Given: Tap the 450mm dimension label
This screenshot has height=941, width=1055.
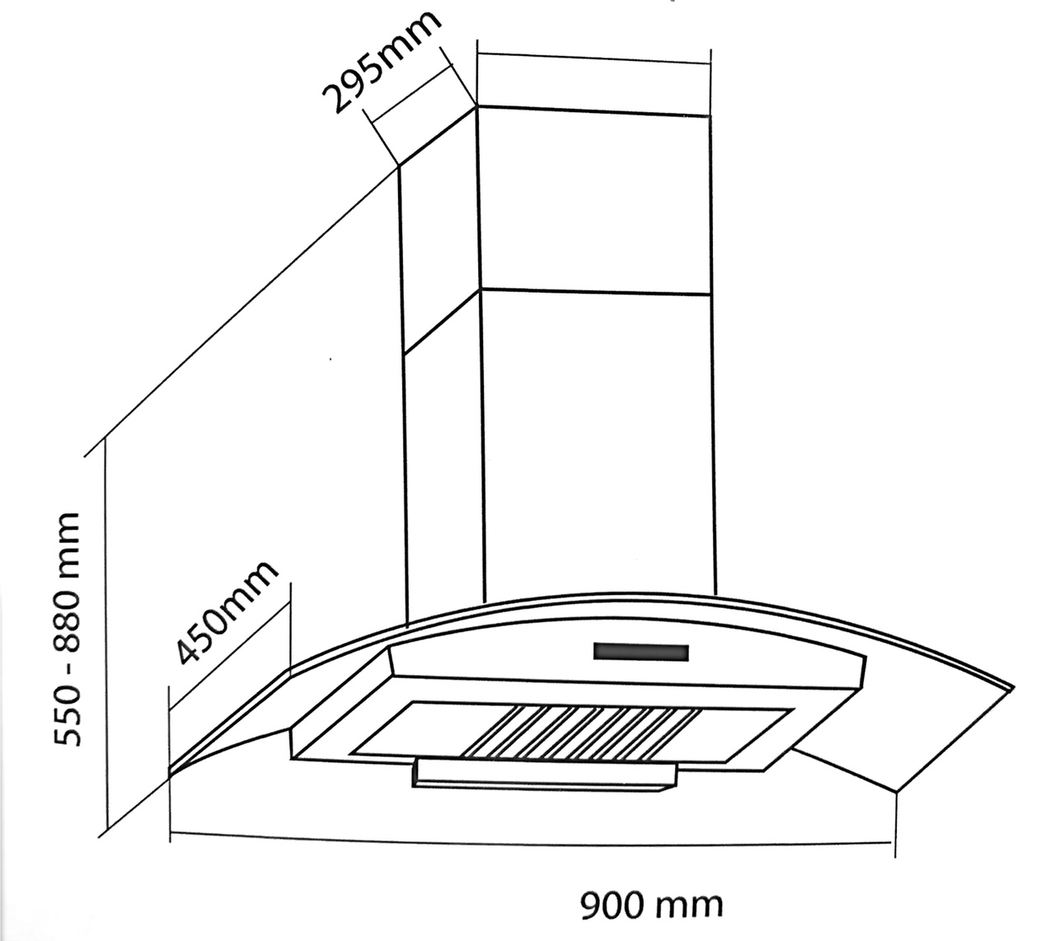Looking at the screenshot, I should [x=224, y=613].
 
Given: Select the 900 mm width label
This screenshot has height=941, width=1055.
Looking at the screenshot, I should [x=651, y=906].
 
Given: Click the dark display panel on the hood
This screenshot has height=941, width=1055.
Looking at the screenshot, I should [x=640, y=653].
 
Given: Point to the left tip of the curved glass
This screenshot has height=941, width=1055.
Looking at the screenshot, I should [x=171, y=770].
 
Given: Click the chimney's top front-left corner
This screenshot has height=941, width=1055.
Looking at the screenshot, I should [x=477, y=107].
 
